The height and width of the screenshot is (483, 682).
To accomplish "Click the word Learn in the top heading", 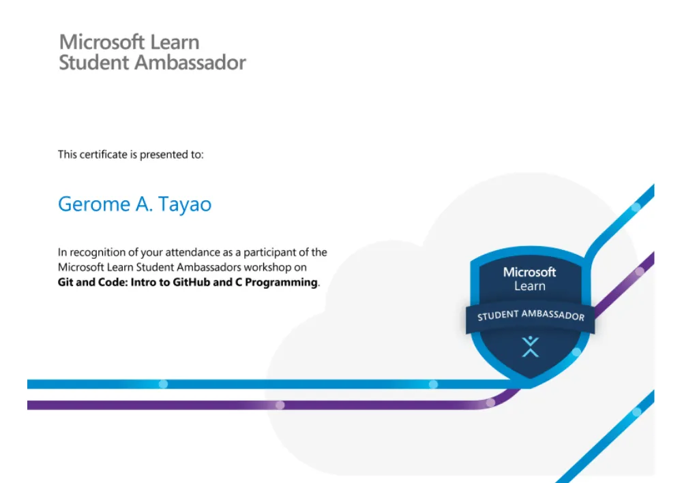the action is (175, 42).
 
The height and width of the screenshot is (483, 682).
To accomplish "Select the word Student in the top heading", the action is (93, 63).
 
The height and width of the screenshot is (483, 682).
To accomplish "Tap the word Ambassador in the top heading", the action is (190, 63).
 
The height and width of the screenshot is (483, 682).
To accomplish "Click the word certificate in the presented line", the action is (104, 154).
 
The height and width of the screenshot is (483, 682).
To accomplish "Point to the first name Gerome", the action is (94, 204).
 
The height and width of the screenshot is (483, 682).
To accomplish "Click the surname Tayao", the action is (184, 204).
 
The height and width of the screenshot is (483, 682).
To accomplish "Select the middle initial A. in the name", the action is (144, 204).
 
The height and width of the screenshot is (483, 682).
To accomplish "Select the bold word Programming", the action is (282, 283).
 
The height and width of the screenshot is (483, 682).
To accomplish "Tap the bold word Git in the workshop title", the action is (65, 282).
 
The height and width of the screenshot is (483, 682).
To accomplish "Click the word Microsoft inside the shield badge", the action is (529, 272).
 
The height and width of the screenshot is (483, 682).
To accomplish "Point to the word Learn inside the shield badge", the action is (529, 286).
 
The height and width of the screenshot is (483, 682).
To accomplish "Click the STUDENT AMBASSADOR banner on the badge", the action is (530, 315).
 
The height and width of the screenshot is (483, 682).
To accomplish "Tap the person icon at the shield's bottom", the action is (530, 347).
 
